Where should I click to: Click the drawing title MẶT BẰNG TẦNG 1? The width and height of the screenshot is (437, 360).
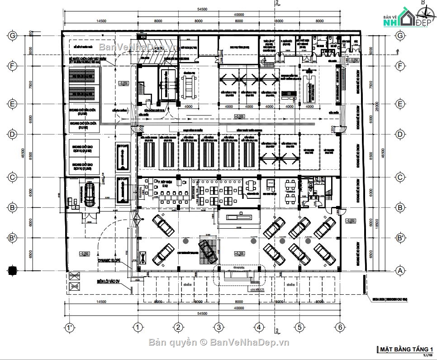[406, 349]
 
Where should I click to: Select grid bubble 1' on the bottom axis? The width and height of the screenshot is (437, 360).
[69, 327]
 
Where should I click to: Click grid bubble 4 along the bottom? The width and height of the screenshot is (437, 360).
[258, 327]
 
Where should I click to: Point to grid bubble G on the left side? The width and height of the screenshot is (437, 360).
[13, 35]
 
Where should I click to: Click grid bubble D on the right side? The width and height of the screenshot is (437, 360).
[399, 134]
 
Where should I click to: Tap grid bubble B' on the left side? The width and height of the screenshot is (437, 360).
[13, 237]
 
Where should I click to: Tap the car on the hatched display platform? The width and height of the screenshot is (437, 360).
[208, 250]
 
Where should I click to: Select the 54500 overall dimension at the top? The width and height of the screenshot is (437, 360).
[202, 9]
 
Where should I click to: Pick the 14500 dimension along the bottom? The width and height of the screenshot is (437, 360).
[101, 302]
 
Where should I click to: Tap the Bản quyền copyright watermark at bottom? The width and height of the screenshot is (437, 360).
[219, 342]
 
